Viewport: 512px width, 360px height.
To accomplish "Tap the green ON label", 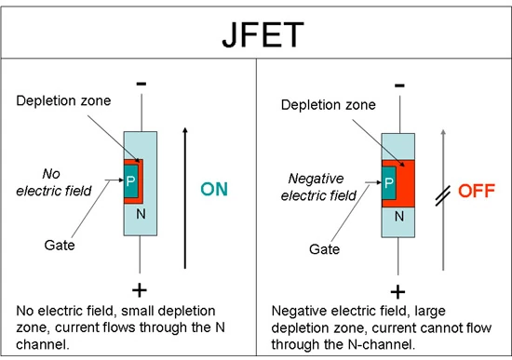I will [x=214, y=189].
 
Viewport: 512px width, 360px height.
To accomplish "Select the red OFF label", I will [x=473, y=190].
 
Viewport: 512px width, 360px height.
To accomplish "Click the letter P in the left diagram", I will [x=131, y=181].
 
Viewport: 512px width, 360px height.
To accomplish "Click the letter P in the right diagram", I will [x=389, y=183].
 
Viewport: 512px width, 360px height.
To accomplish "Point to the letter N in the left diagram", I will [x=141, y=213].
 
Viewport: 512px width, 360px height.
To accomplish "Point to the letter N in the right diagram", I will [x=399, y=216].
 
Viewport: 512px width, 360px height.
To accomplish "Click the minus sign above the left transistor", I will [x=141, y=83].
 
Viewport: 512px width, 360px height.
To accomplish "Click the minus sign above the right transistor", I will [x=399, y=86].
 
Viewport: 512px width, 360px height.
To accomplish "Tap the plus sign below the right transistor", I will [x=399, y=288].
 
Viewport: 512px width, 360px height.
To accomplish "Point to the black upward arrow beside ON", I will [x=184, y=186].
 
